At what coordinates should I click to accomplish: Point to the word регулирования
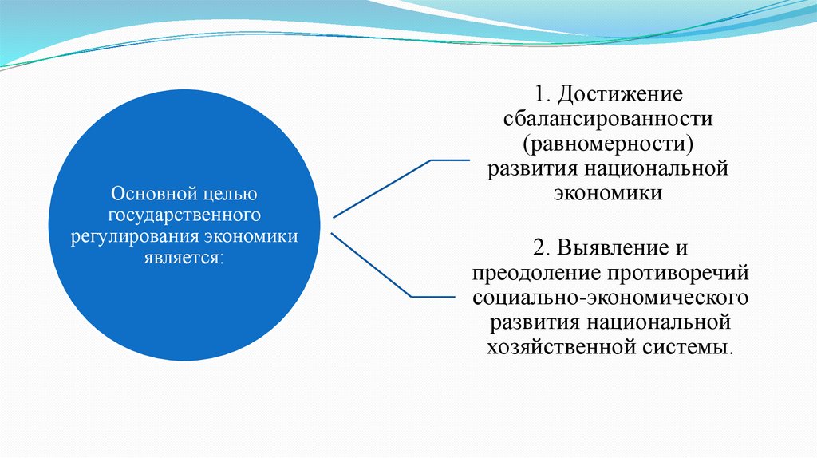pyautogui.click(x=135, y=237)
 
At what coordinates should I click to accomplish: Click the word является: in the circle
pyautogui.click(x=184, y=258)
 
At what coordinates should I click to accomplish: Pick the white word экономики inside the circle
pyautogui.click(x=251, y=236)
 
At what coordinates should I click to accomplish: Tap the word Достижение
pyautogui.click(x=620, y=94)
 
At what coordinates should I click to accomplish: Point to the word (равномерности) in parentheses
pyautogui.click(x=609, y=144)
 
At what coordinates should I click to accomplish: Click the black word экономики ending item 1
pyautogui.click(x=608, y=193)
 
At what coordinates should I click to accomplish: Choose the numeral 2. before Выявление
pyautogui.click(x=542, y=247)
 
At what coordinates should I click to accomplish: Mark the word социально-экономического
pyautogui.click(x=610, y=298)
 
